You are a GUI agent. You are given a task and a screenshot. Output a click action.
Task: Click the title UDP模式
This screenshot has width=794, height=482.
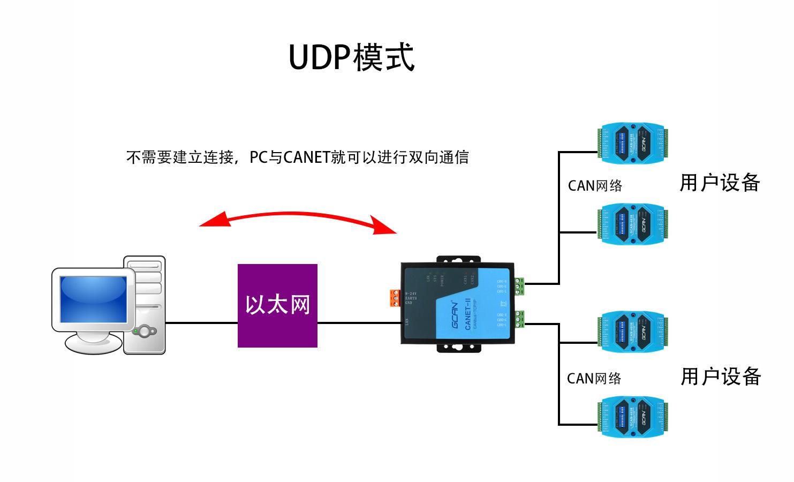[351, 57]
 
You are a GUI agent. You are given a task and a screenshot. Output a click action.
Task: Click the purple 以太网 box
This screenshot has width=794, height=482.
[277, 305]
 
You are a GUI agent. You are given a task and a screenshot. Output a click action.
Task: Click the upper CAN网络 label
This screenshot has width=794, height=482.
[595, 186]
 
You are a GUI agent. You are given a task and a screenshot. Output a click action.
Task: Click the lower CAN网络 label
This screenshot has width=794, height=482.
[594, 379]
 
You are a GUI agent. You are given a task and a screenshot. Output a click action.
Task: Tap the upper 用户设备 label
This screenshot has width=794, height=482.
[720, 183]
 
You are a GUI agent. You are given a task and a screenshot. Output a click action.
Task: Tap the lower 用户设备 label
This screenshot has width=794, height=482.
[721, 376]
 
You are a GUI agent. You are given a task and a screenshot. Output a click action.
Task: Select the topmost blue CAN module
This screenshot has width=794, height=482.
[633, 143]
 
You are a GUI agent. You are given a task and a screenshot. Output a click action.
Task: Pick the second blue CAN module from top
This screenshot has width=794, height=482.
[633, 224]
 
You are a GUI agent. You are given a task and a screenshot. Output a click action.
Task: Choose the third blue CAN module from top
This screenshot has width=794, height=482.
[633, 332]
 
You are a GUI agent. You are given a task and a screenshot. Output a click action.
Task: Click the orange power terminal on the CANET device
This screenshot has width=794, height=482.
[396, 298]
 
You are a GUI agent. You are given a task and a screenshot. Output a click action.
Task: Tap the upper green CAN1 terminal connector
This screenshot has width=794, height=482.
[519, 287]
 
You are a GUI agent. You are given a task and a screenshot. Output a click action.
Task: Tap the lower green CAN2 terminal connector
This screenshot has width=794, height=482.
[519, 319]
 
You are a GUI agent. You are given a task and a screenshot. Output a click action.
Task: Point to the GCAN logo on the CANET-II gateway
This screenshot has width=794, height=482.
[455, 316]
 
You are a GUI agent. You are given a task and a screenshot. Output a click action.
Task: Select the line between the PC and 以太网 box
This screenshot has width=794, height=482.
[201, 323]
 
